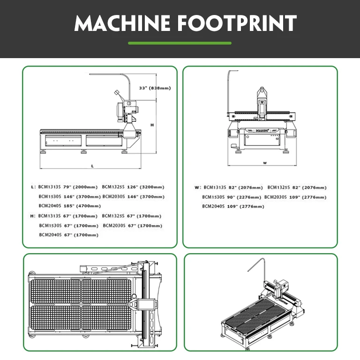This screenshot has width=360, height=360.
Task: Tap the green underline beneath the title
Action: (180, 43)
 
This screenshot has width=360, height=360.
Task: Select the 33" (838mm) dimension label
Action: (155, 88)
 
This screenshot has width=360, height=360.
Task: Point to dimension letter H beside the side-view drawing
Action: (152, 125)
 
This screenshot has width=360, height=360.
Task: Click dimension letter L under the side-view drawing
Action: (92, 166)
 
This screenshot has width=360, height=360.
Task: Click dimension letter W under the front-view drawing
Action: (265, 163)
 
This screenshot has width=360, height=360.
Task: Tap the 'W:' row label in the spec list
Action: (198, 187)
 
